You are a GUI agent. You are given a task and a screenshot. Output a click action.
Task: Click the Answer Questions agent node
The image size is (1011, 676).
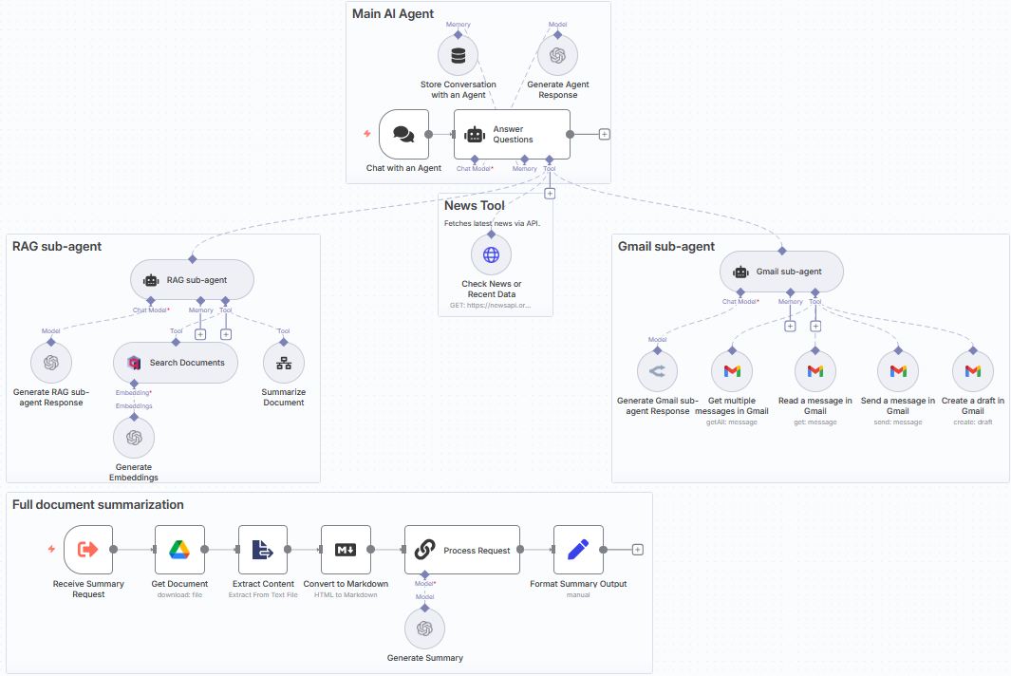pyautogui.click(x=512, y=134)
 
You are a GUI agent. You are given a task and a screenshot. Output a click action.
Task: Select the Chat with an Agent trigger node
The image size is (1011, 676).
pyautogui.click(x=403, y=134)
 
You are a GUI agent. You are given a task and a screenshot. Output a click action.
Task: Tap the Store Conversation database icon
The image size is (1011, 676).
pyautogui.click(x=459, y=55)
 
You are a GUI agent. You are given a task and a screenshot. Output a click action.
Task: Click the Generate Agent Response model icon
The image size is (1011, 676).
pyautogui.click(x=557, y=55)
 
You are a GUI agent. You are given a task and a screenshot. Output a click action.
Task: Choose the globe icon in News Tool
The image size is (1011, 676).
pyautogui.click(x=491, y=254)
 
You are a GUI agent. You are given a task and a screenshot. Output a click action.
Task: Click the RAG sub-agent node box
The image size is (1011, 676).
pyautogui.click(x=192, y=280)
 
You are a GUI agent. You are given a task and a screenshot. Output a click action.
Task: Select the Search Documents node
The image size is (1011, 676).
pyautogui.click(x=175, y=363)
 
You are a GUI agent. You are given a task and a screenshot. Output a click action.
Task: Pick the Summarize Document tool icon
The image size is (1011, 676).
pyautogui.click(x=283, y=363)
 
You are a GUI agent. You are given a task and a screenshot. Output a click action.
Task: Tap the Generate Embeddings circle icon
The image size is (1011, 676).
pyautogui.click(x=134, y=438)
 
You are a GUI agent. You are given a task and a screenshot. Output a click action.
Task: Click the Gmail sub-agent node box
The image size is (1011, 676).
pyautogui.click(x=781, y=272)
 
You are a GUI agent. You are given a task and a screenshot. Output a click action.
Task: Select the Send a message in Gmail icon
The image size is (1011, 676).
pyautogui.click(x=897, y=371)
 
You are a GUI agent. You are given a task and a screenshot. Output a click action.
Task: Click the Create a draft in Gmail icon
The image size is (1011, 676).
pyautogui.click(x=973, y=371)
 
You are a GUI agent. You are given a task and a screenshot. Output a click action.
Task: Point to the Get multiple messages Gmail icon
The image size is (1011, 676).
pyautogui.click(x=732, y=371)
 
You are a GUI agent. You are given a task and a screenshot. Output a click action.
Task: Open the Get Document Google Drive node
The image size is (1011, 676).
pyautogui.click(x=179, y=550)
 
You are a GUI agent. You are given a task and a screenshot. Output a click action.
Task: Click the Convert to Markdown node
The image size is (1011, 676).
pyautogui.click(x=346, y=550)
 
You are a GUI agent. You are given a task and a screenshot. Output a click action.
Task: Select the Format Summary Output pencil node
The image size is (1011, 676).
pyautogui.click(x=578, y=550)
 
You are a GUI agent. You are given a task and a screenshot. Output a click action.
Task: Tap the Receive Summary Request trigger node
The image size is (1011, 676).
pyautogui.click(x=88, y=550)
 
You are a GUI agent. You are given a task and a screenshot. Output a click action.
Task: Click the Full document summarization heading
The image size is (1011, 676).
pyautogui.click(x=98, y=505)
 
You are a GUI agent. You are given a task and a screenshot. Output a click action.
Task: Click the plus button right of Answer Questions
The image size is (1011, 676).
pyautogui.click(x=605, y=134)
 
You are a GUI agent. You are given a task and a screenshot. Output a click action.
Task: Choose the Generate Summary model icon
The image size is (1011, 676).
pyautogui.click(x=424, y=629)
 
